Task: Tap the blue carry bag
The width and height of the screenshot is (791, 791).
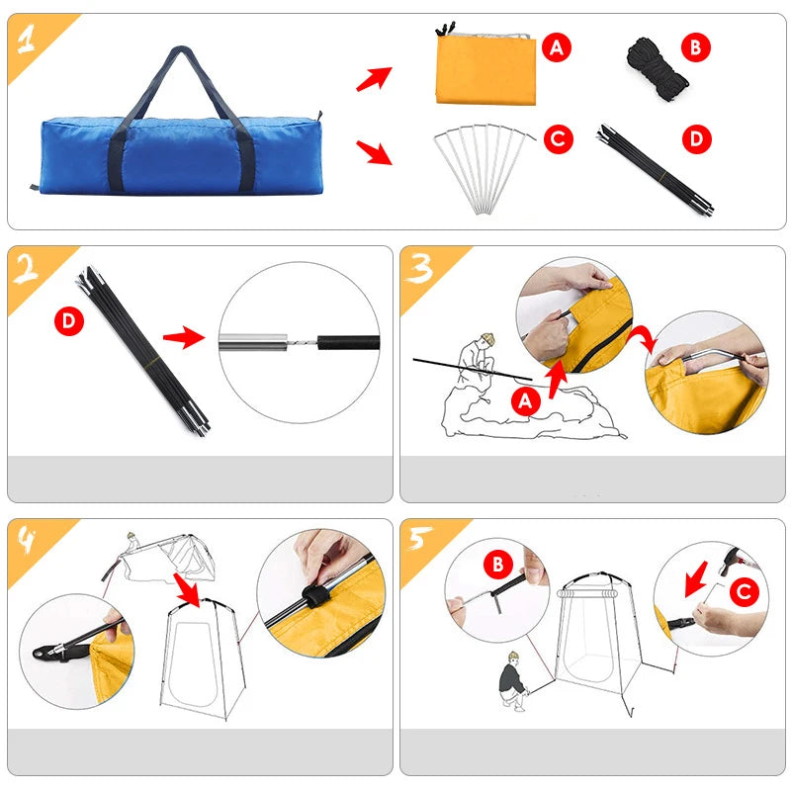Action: (x=180, y=153)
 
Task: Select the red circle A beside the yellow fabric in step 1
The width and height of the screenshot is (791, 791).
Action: (x=558, y=46)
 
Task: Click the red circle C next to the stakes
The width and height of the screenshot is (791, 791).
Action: (x=558, y=139)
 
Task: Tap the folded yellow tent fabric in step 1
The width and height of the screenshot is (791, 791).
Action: (x=485, y=68)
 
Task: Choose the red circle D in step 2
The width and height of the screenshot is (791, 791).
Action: (x=70, y=320)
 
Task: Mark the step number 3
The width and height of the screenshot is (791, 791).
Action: (x=421, y=269)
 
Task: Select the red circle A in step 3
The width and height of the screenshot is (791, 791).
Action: (x=525, y=401)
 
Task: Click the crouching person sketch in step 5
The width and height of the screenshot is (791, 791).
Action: (x=514, y=679)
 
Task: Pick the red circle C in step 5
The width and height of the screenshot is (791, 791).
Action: (x=745, y=592)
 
